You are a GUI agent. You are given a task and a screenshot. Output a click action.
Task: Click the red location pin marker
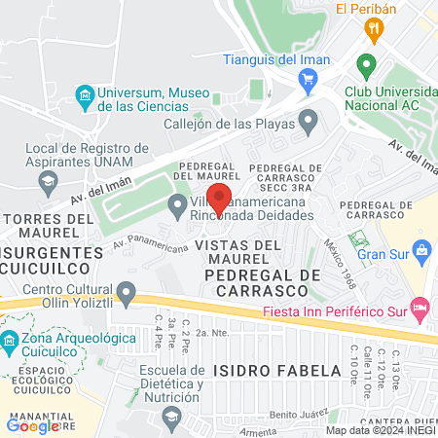(219, 199)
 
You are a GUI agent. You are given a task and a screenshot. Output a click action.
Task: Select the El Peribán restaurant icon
(372, 31)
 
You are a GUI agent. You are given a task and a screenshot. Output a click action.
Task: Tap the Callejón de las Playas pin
(309, 123)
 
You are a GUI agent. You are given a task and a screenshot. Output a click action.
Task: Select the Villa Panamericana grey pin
(177, 205)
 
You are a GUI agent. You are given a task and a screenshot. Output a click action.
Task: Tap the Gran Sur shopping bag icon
(421, 253)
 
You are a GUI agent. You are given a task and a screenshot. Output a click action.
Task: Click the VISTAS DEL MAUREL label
(237, 252)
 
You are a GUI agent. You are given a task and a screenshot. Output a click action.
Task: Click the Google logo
(33, 424)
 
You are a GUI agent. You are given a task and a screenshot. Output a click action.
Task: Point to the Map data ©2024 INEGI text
(380, 430)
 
